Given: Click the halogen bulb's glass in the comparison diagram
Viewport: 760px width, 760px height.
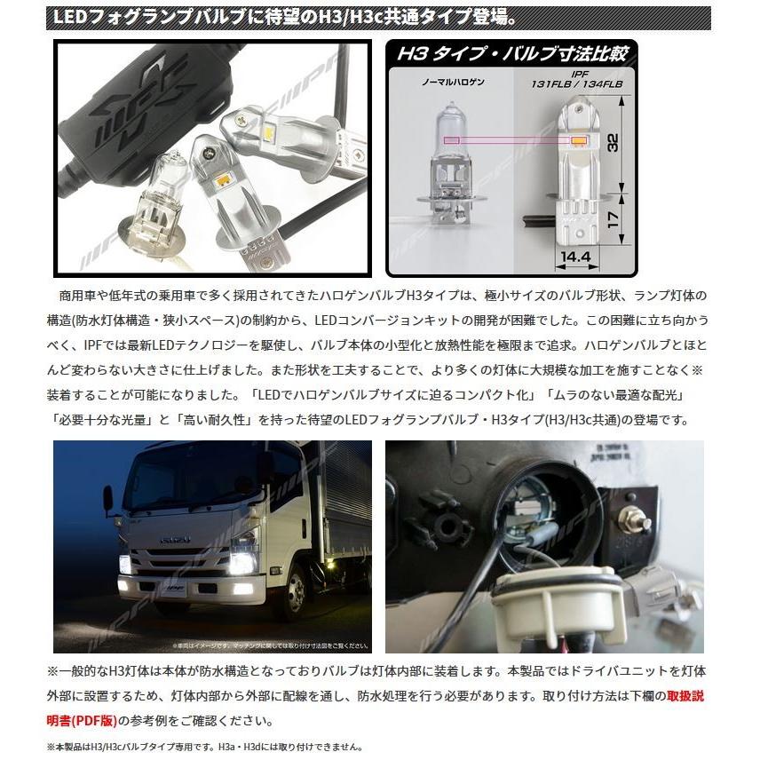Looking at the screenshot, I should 455,142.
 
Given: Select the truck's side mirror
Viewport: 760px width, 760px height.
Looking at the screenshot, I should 108,499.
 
